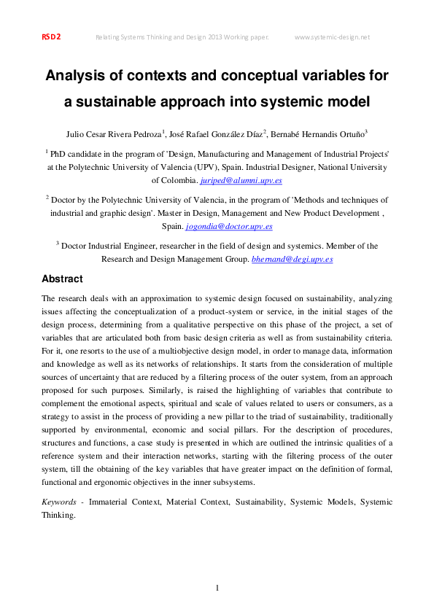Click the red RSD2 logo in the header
(x=50, y=37)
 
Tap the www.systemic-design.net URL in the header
(x=333, y=37)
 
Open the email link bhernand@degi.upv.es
(x=292, y=259)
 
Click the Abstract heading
(x=62, y=279)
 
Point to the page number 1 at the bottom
(x=217, y=588)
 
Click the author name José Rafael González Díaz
(x=217, y=134)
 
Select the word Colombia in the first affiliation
(x=175, y=180)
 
